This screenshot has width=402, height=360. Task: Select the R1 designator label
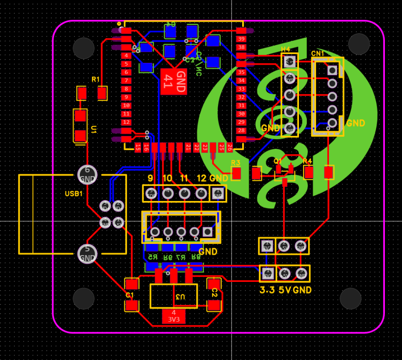point(96,79)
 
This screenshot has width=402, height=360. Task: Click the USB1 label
point(73,194)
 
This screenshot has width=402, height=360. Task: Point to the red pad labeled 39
point(241,39)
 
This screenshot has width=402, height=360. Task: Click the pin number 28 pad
point(241,131)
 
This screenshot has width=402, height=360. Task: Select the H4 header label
point(286,49)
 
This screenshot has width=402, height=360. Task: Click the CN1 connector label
point(318,54)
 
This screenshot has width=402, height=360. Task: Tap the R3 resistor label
point(236,163)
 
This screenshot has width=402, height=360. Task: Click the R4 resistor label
point(308,161)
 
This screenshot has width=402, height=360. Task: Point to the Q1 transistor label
point(278,161)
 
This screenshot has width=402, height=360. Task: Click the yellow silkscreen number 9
point(150,178)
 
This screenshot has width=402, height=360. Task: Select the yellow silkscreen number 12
point(201,178)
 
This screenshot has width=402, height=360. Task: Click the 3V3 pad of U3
point(174,316)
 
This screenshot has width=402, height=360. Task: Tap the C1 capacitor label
point(129,294)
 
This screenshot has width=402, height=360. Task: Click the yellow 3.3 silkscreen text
point(267,290)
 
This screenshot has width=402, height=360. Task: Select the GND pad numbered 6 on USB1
point(87,175)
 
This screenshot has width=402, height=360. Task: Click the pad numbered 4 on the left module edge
point(126,55)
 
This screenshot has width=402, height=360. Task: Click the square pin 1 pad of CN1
point(332,71)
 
